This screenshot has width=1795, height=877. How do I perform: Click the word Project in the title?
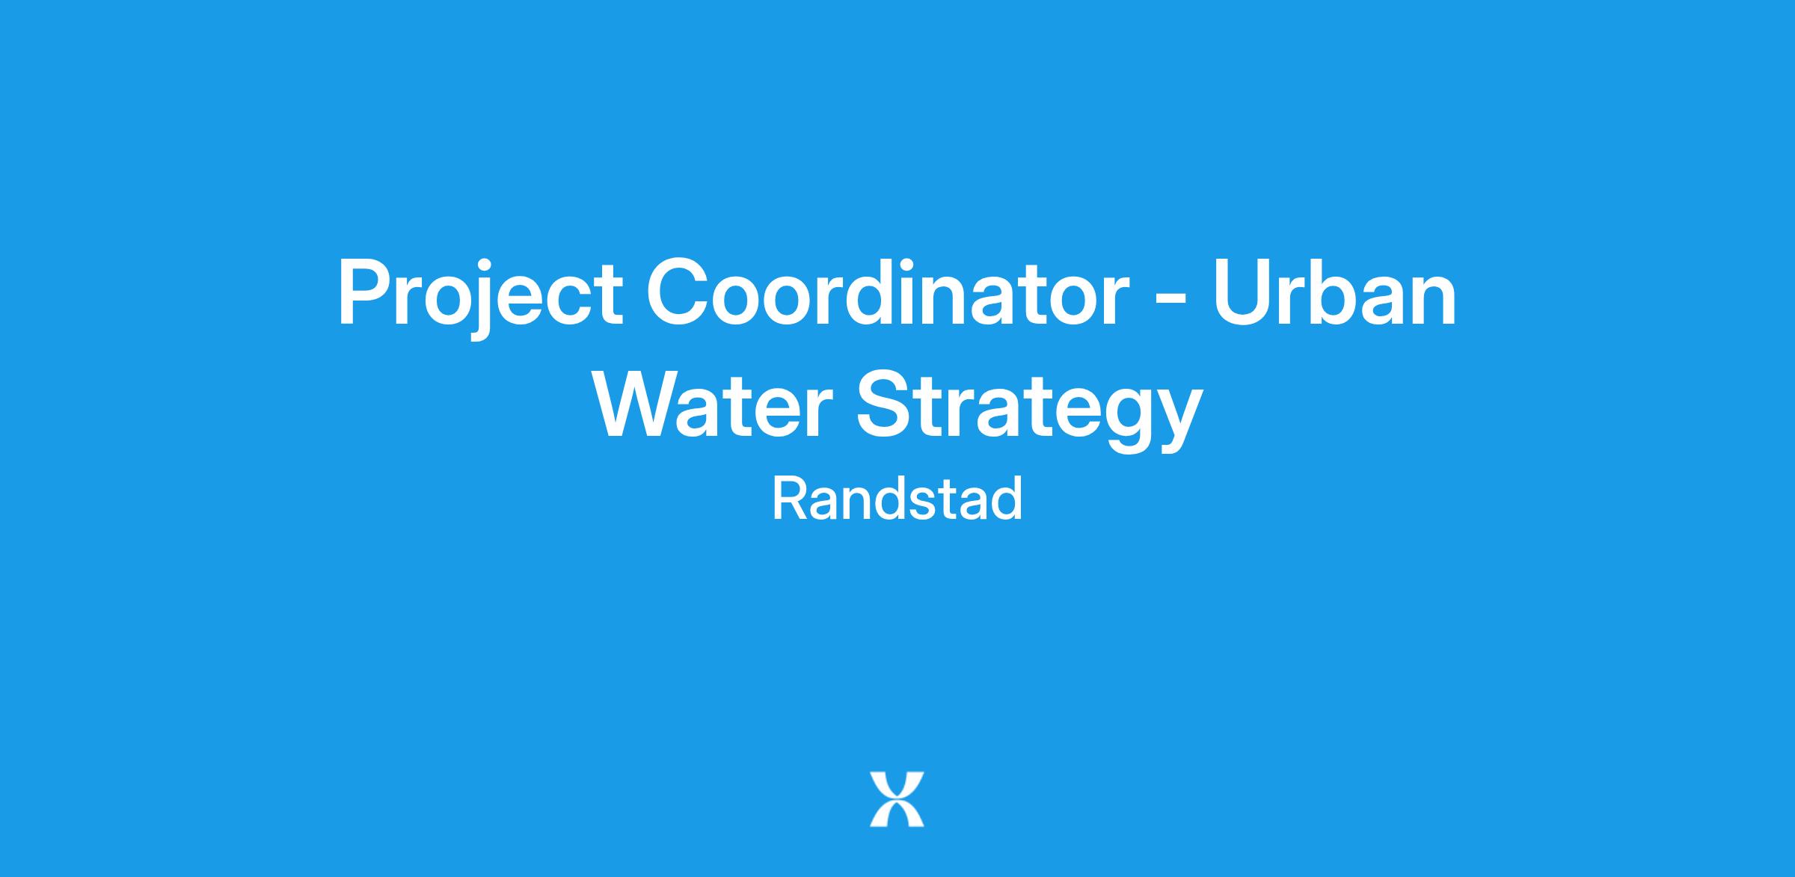pos(480,295)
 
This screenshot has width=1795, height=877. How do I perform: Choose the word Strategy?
pos(1030,410)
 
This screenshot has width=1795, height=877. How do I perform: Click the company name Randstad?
pos(897,499)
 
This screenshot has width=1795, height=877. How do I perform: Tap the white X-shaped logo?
pos(897,799)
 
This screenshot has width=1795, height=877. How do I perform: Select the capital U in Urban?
pos(1242,292)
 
